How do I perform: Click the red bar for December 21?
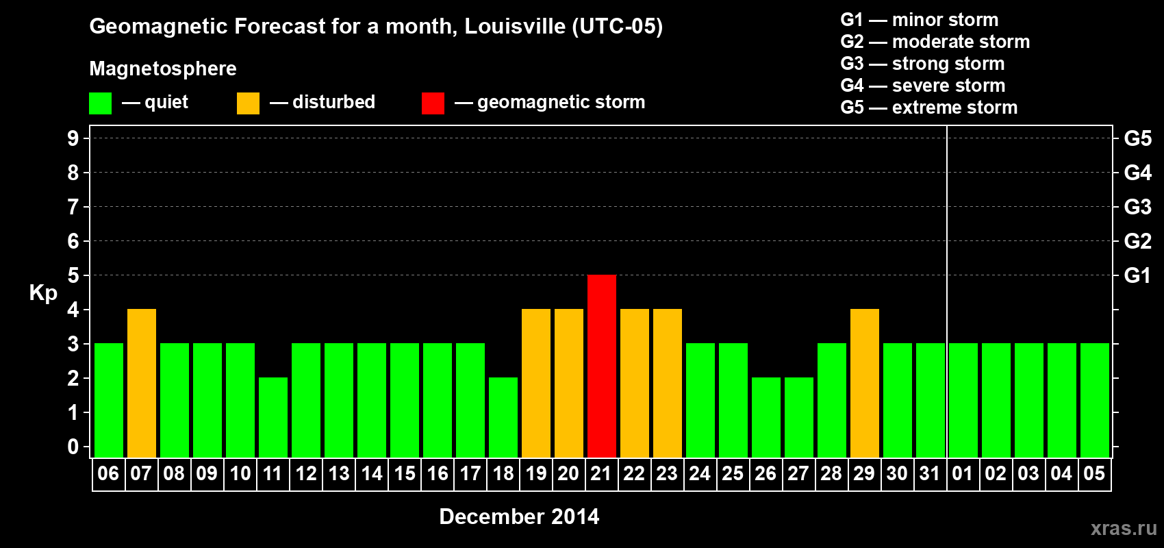(602, 366)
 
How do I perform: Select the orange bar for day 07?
(142, 383)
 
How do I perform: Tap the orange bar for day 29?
(865, 383)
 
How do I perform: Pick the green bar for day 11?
(273, 417)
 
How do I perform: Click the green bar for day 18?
(503, 417)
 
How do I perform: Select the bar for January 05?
(1095, 400)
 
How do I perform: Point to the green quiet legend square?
(101, 103)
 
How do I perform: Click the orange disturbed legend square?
(248, 103)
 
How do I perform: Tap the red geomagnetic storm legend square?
(433, 103)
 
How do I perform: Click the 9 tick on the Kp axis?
(73, 138)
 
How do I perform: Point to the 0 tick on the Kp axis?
(73, 447)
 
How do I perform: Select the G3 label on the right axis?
(1137, 207)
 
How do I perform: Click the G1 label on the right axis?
(1137, 275)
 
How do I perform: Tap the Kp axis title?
(43, 292)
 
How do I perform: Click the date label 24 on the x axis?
(700, 473)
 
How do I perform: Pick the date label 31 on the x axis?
(930, 473)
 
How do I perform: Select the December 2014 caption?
(519, 516)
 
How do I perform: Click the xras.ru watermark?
(1124, 528)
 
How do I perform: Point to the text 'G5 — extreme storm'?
(929, 108)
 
